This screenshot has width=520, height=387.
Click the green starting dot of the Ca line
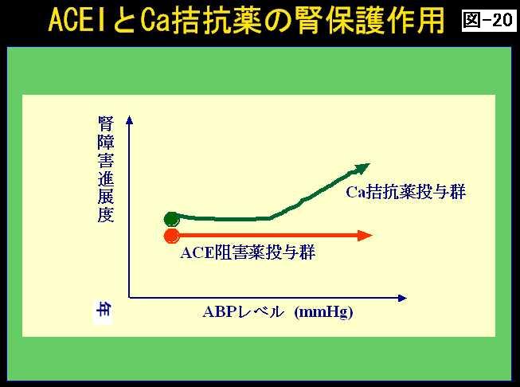(x=171, y=218)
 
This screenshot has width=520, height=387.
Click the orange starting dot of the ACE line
(x=172, y=236)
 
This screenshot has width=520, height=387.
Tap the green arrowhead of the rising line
(x=362, y=168)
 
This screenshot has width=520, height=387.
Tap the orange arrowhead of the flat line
(x=366, y=236)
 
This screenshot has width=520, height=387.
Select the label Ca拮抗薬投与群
(x=405, y=192)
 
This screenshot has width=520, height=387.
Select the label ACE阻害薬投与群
(x=248, y=252)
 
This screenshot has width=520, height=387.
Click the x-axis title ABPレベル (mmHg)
(x=278, y=311)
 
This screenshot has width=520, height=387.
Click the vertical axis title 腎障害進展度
(x=106, y=169)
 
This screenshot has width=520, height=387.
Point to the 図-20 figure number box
(x=489, y=21)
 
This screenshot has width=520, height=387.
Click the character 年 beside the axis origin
(x=104, y=310)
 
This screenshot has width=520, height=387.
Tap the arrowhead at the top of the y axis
(x=129, y=119)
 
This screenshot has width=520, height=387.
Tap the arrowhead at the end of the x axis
(x=402, y=298)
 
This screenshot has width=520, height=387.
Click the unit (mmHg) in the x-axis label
(x=323, y=312)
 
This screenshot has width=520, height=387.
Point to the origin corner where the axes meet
(x=129, y=298)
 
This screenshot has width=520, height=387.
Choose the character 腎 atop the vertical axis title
(x=106, y=123)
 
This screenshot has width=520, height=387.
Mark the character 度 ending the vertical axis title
(x=106, y=214)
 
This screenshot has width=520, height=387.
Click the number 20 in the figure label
(x=502, y=21)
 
